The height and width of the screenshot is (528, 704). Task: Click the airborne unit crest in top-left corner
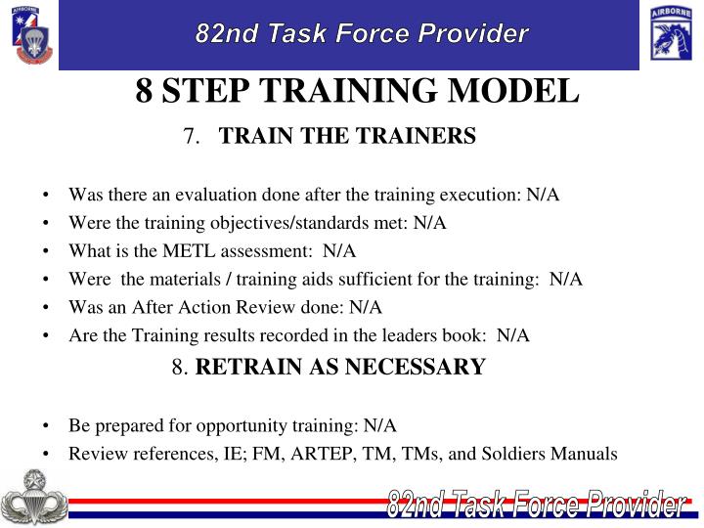(x=29, y=34)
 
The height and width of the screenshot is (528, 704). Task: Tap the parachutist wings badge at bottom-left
(x=33, y=498)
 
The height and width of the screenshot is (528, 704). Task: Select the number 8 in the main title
(x=144, y=91)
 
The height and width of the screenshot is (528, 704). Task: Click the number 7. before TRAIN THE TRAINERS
(x=191, y=137)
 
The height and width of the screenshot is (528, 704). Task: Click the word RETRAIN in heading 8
(x=250, y=368)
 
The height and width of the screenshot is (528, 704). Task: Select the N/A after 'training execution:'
(x=543, y=194)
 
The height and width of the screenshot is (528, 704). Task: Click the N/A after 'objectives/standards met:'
(x=429, y=222)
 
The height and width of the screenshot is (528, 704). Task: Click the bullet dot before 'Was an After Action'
(x=47, y=307)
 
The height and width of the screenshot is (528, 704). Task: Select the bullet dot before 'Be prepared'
(x=47, y=426)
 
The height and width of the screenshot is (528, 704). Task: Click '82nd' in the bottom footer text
(x=412, y=506)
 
